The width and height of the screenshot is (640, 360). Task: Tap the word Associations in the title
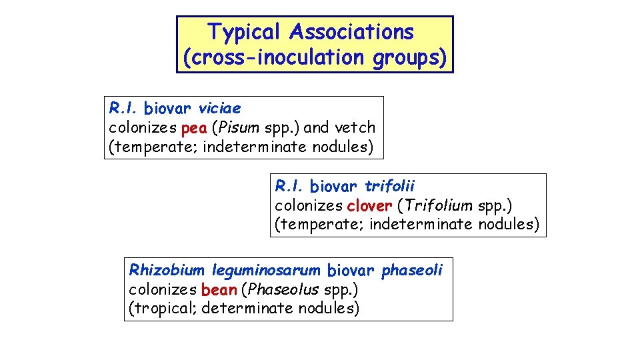tap(352, 32)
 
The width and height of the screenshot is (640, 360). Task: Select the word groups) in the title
tap(409, 58)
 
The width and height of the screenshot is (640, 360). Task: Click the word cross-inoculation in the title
tap(277, 58)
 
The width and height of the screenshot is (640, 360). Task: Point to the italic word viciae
tap(220, 108)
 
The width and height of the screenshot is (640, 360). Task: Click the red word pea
tap(193, 127)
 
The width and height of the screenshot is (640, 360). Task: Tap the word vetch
tap(355, 127)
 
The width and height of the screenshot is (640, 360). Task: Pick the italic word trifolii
tap(390, 185)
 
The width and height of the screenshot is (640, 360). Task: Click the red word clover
tap(369, 205)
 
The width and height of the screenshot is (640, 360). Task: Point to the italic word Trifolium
tap(443, 205)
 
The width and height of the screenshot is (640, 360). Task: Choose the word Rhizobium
tap(167, 270)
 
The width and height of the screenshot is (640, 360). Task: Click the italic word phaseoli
tap(411, 270)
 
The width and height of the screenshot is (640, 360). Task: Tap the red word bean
tap(219, 289)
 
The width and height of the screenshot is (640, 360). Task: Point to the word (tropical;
tap(162, 308)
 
